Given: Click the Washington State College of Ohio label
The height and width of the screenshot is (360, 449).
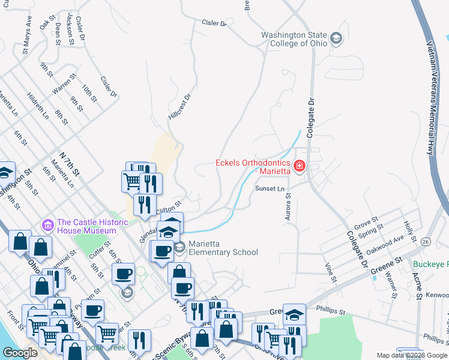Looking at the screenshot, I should (294, 39).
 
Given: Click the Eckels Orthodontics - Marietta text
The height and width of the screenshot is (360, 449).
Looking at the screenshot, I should (254, 167).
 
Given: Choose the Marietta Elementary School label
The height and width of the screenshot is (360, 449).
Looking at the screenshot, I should (223, 248).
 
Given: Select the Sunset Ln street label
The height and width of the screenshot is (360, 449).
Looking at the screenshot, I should (269, 188).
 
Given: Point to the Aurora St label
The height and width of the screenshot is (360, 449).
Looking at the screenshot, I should (288, 206).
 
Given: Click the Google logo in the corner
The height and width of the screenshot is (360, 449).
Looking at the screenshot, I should (20, 353).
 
